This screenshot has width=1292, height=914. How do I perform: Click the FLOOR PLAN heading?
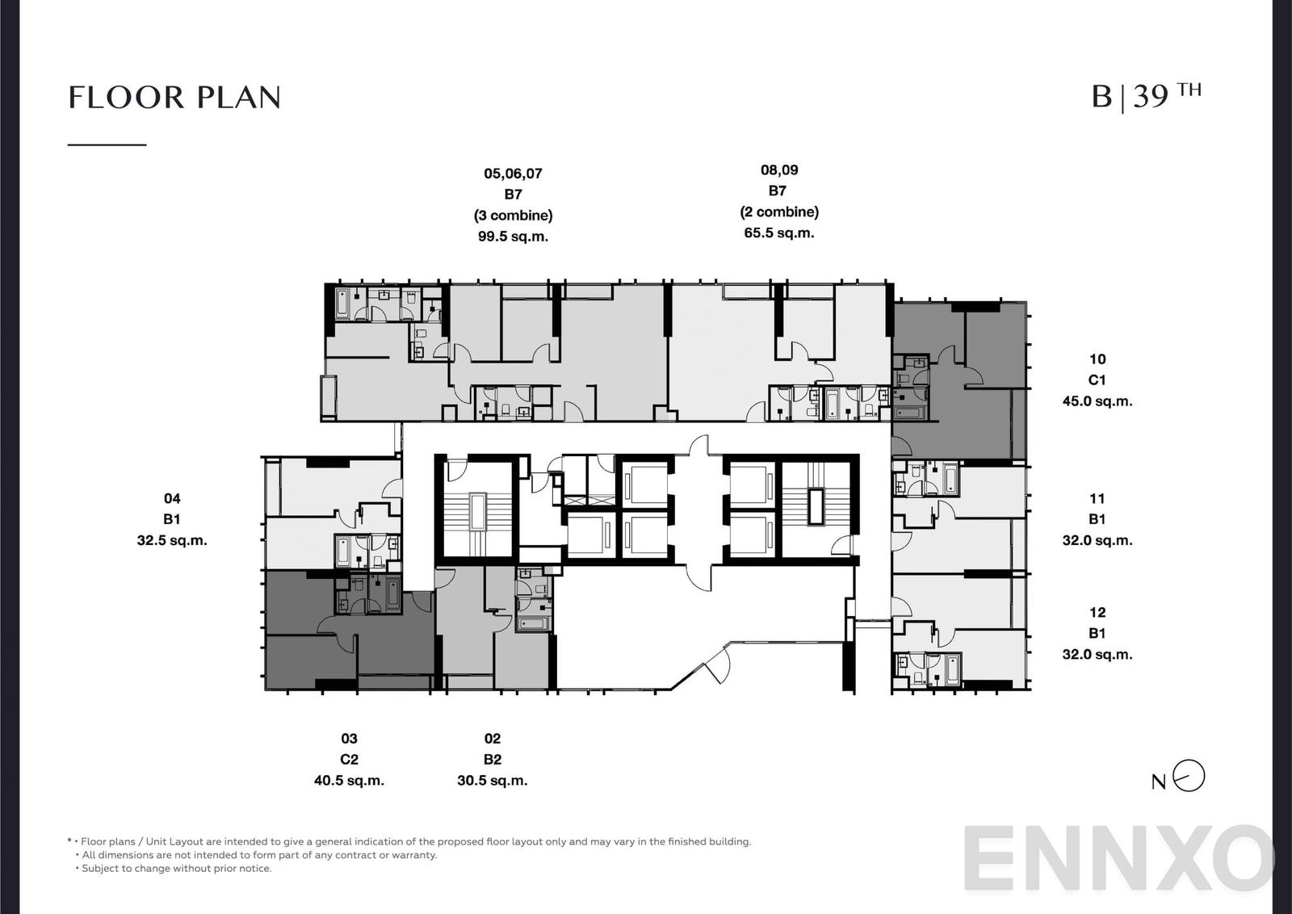click(x=174, y=98)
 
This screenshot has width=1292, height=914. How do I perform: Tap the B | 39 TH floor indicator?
click(x=1145, y=96)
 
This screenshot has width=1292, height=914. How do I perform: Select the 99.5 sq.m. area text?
click(x=513, y=237)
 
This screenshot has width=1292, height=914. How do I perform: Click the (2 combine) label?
click(x=779, y=212)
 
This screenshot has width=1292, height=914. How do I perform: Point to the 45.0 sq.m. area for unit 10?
click(x=1097, y=401)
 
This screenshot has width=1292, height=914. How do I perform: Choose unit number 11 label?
click(x=1097, y=498)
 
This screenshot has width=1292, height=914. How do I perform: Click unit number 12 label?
click(x=1097, y=612)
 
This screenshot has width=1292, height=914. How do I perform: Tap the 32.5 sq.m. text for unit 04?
click(x=172, y=540)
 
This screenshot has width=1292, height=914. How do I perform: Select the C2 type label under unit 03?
click(x=349, y=759)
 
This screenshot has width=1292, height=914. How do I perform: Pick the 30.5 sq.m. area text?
click(x=492, y=781)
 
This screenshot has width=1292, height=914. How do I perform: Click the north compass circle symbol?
click(x=1189, y=776)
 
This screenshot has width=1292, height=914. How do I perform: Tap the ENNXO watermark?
click(x=1118, y=860)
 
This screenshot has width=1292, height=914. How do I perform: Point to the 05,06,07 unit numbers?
click(x=513, y=174)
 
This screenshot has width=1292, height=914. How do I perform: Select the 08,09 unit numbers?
click(x=779, y=170)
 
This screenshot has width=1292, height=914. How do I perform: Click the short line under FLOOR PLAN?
click(x=107, y=145)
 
